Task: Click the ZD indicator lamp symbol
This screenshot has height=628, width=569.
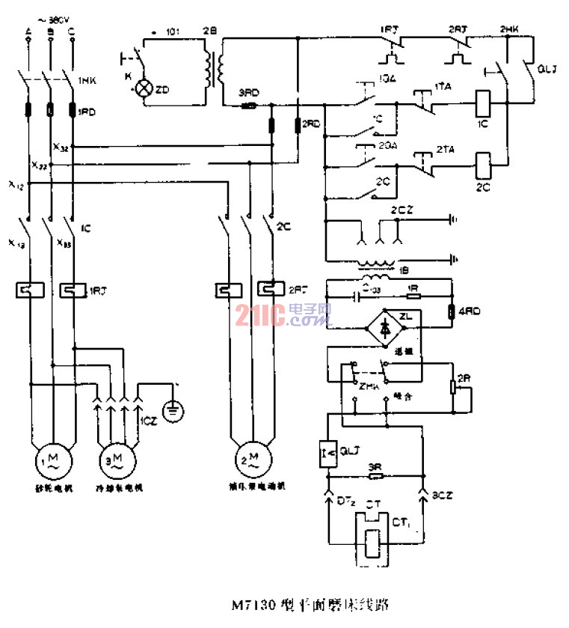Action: (x=143, y=89)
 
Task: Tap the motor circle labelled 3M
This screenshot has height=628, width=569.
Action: (x=118, y=456)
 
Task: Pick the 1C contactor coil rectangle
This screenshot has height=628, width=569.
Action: (x=482, y=99)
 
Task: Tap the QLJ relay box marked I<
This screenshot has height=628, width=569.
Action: (x=327, y=453)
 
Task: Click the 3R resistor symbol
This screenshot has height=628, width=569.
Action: (x=375, y=475)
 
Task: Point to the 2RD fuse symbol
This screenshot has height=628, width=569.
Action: (x=298, y=124)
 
